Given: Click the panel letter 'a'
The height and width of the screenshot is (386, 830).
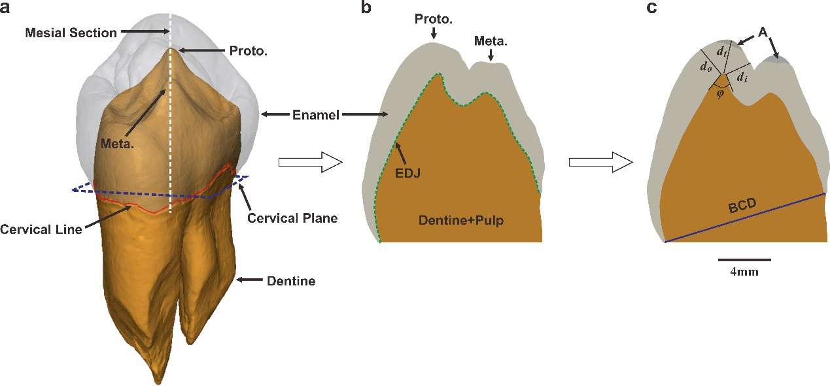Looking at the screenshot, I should (7, 8).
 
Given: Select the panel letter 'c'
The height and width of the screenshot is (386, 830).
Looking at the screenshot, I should (651, 8).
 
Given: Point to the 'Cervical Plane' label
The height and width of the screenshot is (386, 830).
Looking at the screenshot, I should (292, 217).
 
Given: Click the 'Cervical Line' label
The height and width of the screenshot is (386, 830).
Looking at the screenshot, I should (41, 229).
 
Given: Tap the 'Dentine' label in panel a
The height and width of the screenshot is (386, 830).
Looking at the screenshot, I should (291, 281).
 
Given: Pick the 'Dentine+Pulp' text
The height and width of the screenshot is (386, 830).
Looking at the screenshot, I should (461, 221).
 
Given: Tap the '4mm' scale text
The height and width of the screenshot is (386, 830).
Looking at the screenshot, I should (744, 272).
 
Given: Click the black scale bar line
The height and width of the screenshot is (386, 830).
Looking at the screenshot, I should (744, 259).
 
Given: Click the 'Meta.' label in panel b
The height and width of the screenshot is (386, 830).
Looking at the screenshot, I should (491, 41).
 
